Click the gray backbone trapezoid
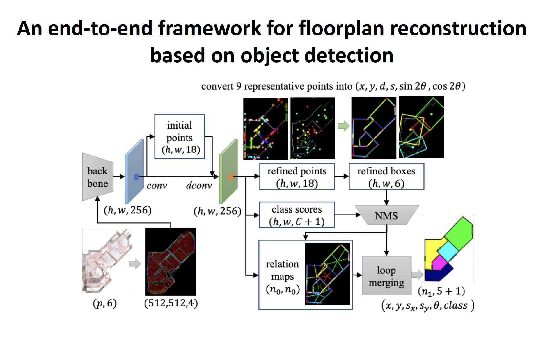tap(97, 177)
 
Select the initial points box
tap(180, 137)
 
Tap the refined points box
tap(297, 177)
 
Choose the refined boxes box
tap(386, 177)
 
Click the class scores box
tap(297, 215)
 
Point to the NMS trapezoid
tap(386, 215)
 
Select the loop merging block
tap(386, 276)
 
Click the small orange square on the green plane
tap(230, 177)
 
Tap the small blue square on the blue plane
tap(136, 177)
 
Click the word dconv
tap(199, 185)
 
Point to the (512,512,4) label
tap(171, 303)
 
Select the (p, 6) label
tap(104, 303)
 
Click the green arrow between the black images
tap(343, 126)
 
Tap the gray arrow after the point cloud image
tap(135, 264)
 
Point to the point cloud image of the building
tap(107, 261)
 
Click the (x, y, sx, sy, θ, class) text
tap(428, 306)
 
